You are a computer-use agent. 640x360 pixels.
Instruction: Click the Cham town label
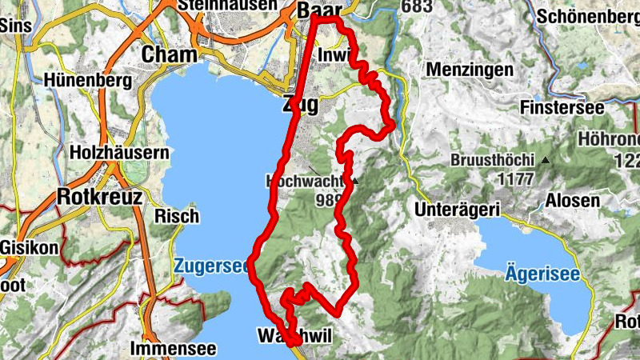click(x=169, y=54)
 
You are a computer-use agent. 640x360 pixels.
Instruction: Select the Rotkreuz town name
click(x=100, y=196)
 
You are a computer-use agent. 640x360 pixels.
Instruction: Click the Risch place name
click(x=176, y=216)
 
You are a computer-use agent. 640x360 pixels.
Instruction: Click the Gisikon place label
click(x=30, y=247)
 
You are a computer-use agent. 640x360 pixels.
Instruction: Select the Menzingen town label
click(x=470, y=70)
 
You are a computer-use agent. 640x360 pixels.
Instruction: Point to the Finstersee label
click(x=559, y=106)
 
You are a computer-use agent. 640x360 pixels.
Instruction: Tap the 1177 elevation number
click(x=515, y=179)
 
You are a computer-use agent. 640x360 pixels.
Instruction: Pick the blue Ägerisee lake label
click(x=542, y=273)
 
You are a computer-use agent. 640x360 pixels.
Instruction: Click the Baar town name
click(x=318, y=10)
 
